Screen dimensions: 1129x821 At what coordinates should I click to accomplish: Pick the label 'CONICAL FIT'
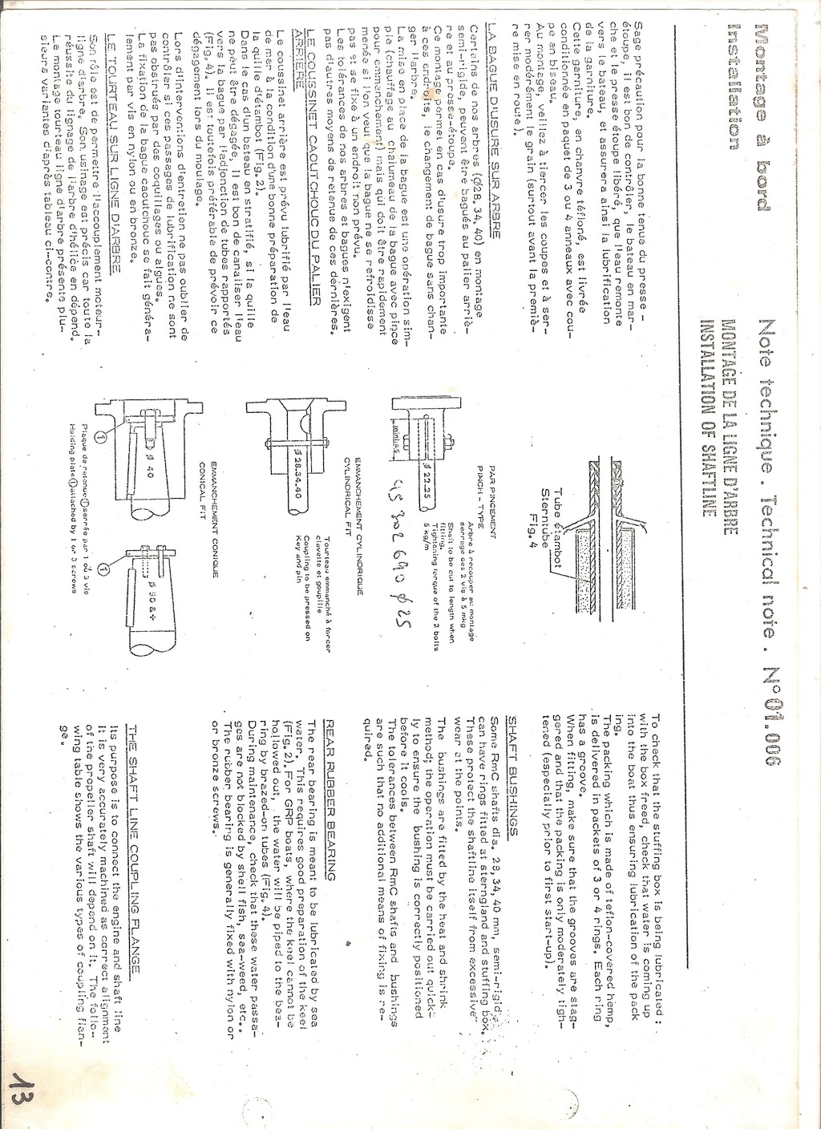click(204, 525)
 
